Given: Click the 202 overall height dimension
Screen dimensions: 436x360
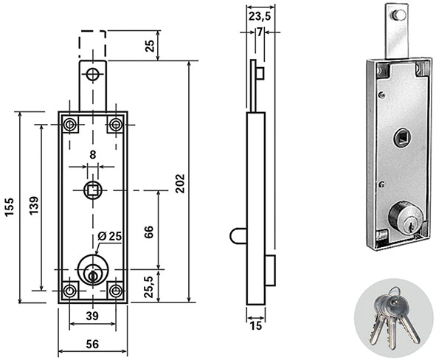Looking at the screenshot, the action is click(x=180, y=184).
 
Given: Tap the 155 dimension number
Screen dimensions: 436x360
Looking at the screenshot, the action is click(x=9, y=207).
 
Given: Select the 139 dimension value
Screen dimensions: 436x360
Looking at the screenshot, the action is click(x=34, y=205).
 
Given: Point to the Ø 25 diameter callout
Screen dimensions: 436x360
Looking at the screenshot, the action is click(x=110, y=236).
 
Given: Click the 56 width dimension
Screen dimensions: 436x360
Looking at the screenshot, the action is click(x=92, y=345).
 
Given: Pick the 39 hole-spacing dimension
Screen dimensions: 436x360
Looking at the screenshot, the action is click(x=92, y=316).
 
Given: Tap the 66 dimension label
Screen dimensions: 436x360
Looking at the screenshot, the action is click(x=149, y=232).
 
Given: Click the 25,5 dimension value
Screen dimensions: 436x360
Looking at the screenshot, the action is click(x=149, y=287).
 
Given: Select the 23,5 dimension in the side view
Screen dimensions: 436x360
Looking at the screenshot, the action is click(x=260, y=16).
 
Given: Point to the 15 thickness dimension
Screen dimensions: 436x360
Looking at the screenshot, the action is click(x=255, y=326).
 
